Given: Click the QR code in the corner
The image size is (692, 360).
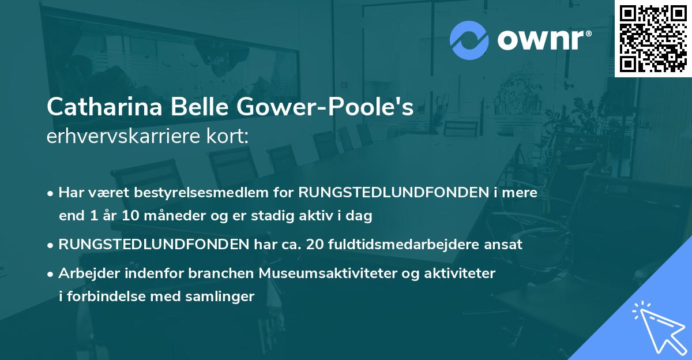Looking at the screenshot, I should coord(652,38).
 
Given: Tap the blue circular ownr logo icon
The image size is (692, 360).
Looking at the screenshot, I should coord(469,40).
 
